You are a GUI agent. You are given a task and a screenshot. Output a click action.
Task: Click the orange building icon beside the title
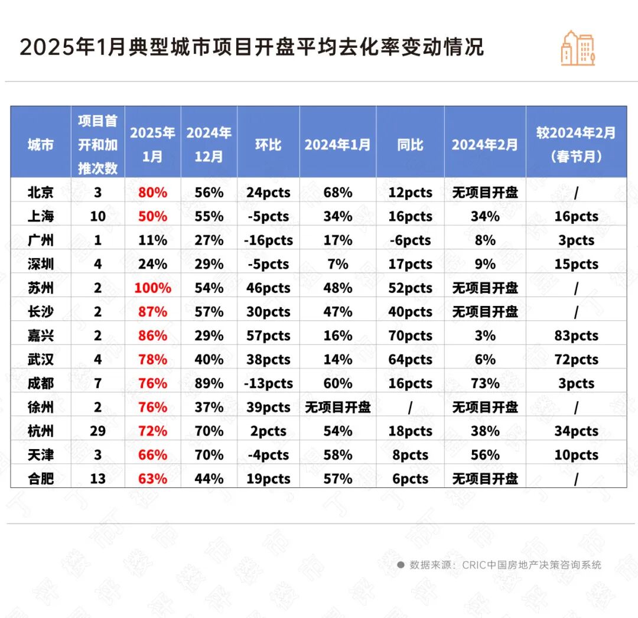[x=578, y=48]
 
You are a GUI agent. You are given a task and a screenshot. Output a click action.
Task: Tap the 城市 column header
[x=40, y=145]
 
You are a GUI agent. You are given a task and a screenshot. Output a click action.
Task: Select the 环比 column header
[x=268, y=145]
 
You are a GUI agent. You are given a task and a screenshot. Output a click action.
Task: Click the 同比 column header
[x=410, y=145]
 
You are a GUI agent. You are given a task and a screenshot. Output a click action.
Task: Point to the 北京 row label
[x=40, y=193]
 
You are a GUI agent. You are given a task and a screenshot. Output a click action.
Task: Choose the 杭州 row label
[x=40, y=431]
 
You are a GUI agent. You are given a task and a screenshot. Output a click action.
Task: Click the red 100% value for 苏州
[x=152, y=288]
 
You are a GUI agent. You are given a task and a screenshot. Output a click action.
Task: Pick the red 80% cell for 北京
[x=152, y=193]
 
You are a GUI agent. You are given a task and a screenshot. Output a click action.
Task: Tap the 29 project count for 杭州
[x=97, y=431]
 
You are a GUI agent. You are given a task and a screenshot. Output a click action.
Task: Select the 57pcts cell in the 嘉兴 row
[x=268, y=336]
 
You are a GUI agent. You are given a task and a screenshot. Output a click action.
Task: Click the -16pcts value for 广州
[x=268, y=240]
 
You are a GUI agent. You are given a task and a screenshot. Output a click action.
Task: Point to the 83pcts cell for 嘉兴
[x=576, y=336]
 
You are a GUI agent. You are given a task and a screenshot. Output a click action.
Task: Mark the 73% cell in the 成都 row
[x=485, y=383]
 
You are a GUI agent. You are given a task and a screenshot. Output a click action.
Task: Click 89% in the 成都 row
[x=209, y=383]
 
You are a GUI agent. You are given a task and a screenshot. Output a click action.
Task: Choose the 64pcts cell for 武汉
[x=410, y=360]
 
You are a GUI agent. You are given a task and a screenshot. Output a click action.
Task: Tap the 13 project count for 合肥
[x=97, y=479]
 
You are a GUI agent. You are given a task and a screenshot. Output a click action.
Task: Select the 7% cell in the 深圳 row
[x=337, y=264]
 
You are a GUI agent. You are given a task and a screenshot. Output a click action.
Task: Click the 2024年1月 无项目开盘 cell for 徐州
[x=337, y=408]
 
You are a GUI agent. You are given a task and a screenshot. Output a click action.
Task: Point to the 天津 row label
[x=40, y=455]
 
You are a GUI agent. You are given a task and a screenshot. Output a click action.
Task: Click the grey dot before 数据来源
[x=401, y=565]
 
